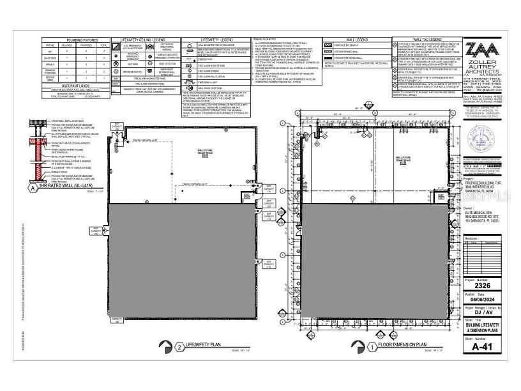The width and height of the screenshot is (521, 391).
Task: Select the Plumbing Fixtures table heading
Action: point(77,40)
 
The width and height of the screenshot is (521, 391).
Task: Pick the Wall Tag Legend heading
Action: point(421,40)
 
